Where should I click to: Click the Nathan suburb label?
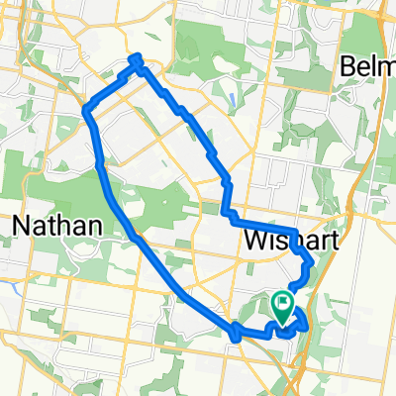[56, 226]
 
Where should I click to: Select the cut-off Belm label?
[368, 66]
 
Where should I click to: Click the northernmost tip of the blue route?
[137, 57]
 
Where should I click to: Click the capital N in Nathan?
[23, 226]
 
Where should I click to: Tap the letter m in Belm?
[385, 67]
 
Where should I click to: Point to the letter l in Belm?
[373, 66]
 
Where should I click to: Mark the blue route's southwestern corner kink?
[236, 336]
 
